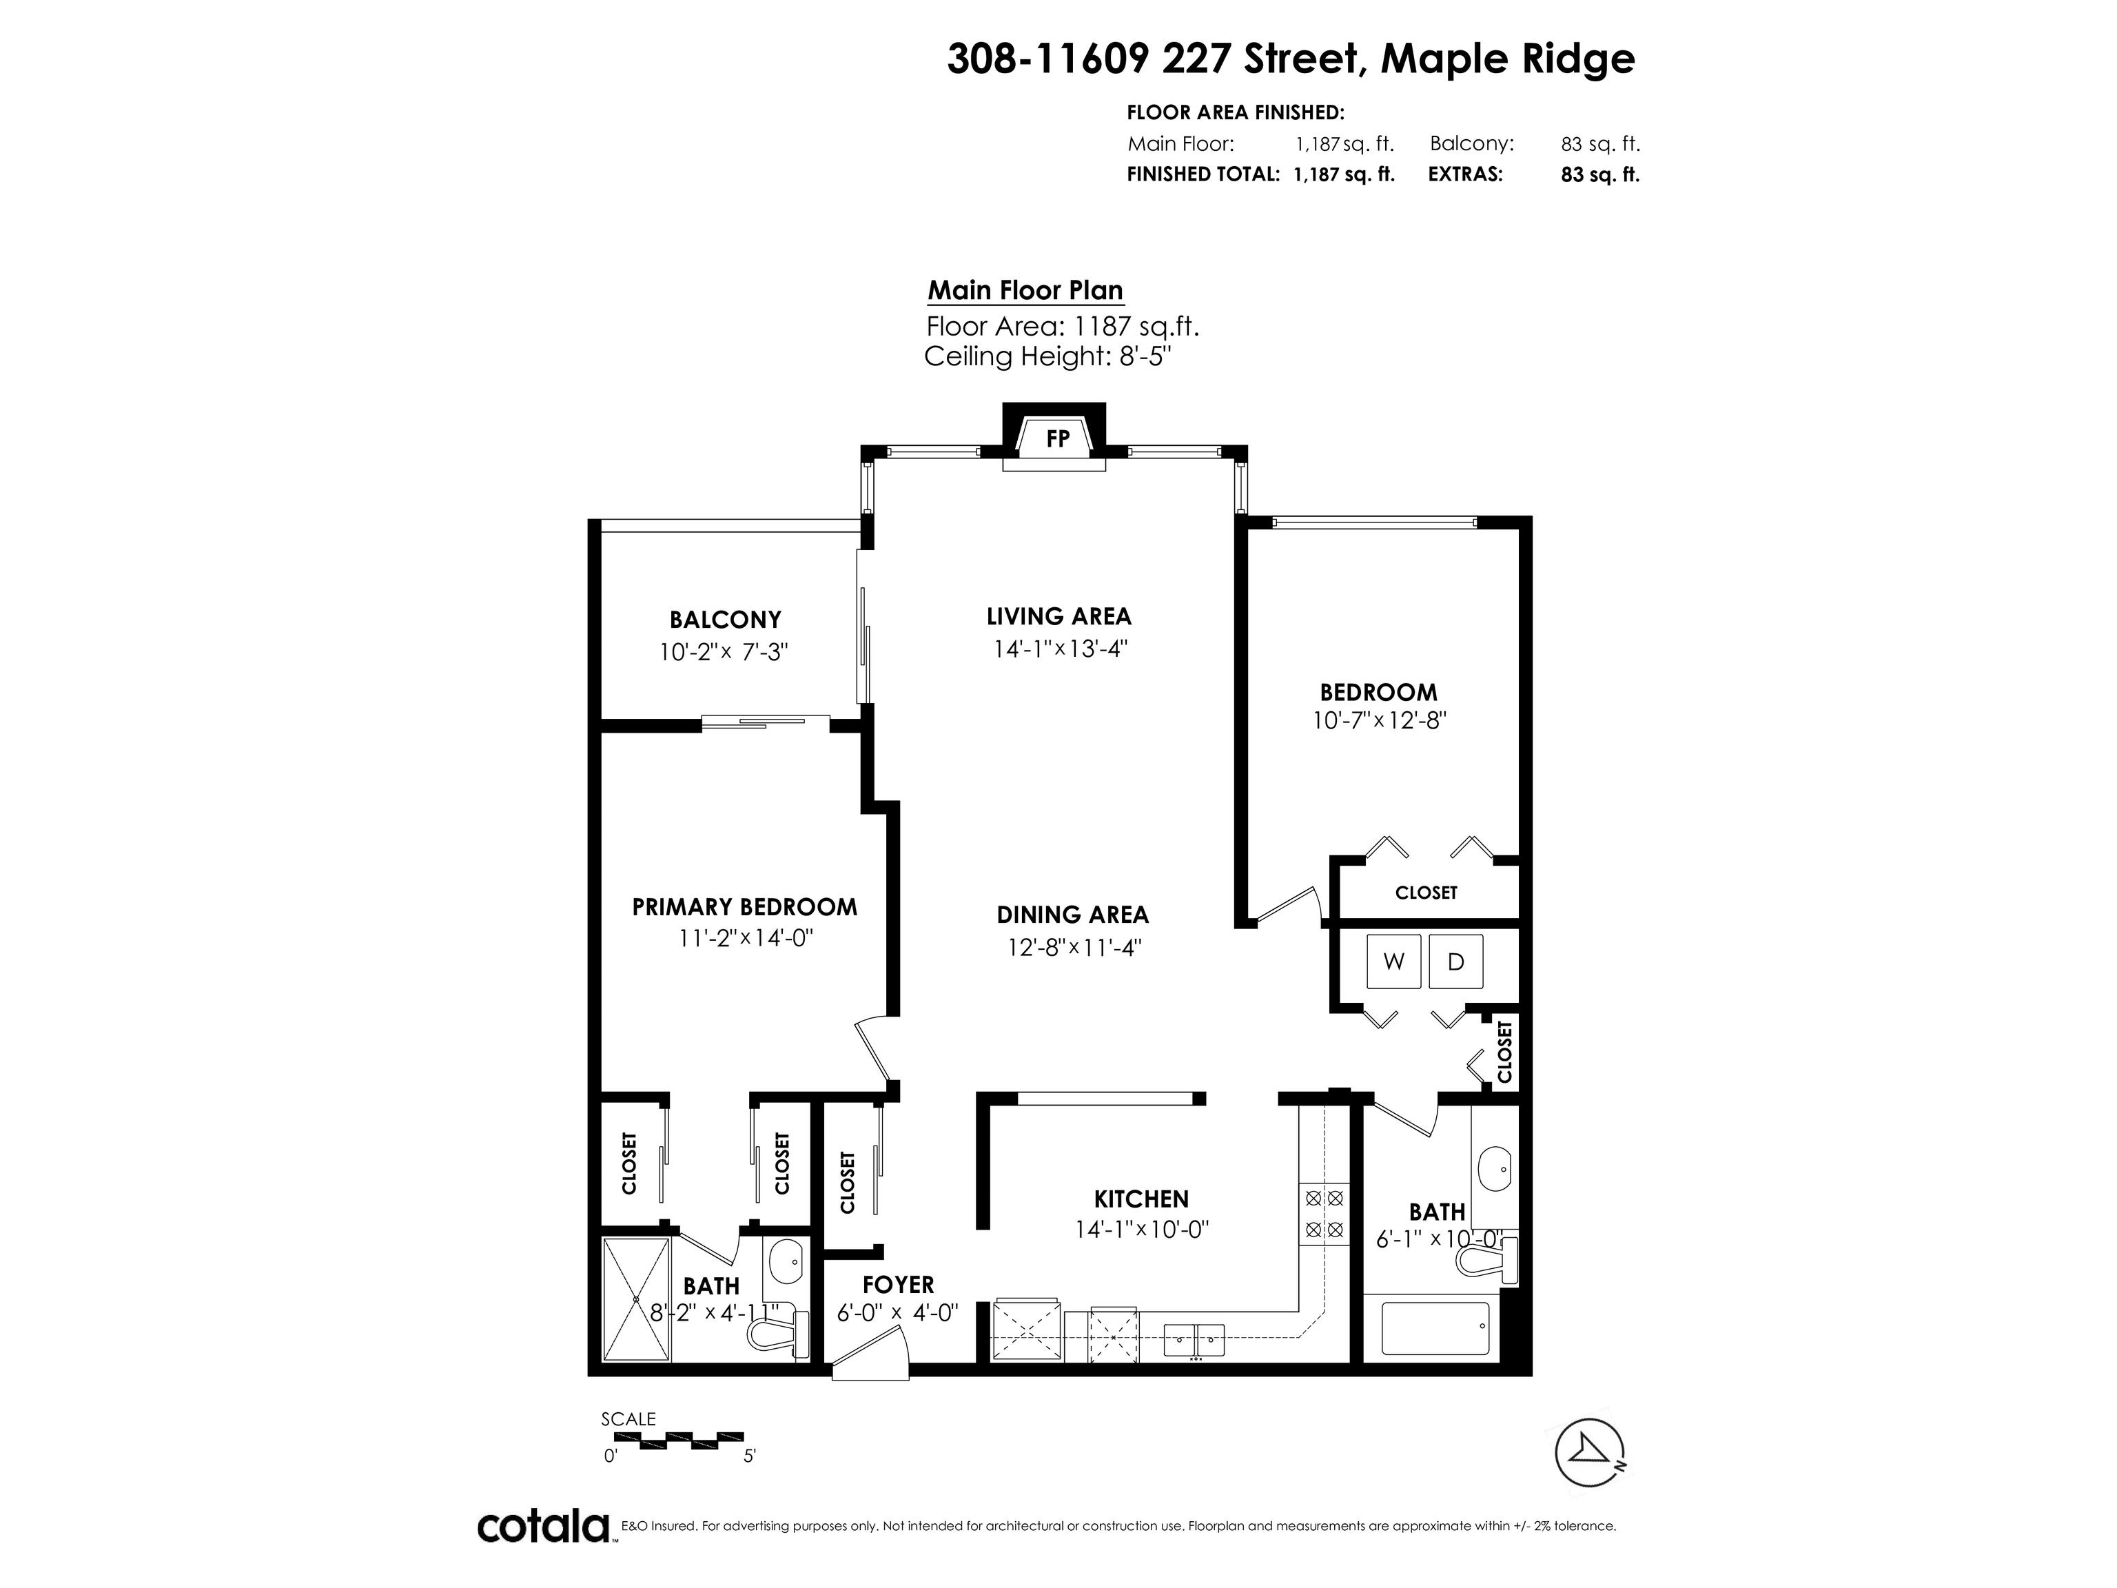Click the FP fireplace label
pyautogui.click(x=1058, y=439)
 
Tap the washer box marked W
pyautogui.click(x=1394, y=961)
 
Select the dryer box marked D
pyautogui.click(x=1455, y=961)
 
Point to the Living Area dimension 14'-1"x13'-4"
pyautogui.click(x=1061, y=648)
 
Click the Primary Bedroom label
pyautogui.click(x=744, y=906)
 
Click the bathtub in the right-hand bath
pyautogui.click(x=1435, y=1327)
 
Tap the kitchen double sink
pyautogui.click(x=1194, y=1339)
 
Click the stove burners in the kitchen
pyautogui.click(x=1325, y=1213)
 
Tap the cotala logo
pyautogui.click(x=544, y=1526)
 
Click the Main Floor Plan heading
pyautogui.click(x=1026, y=290)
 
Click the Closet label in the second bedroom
pyautogui.click(x=1426, y=892)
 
